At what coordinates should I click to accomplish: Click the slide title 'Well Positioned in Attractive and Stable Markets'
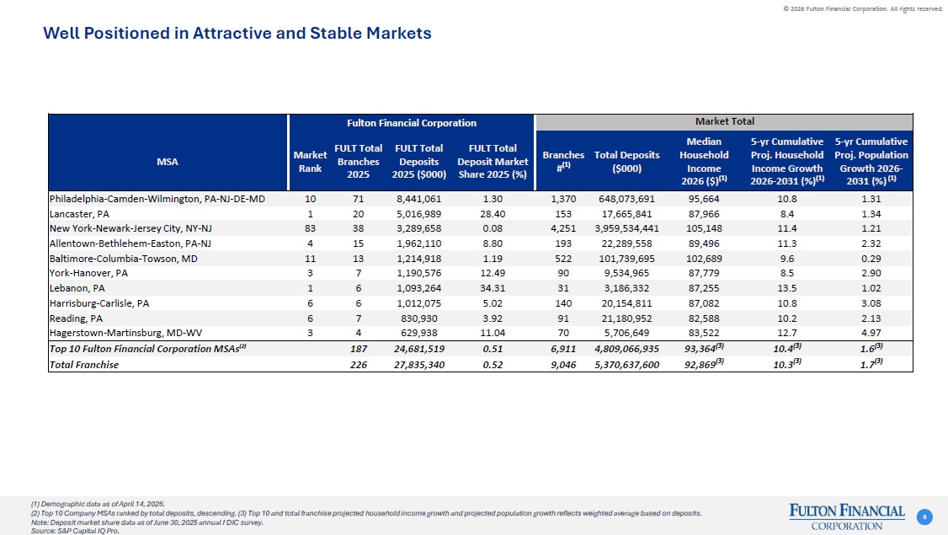(237, 33)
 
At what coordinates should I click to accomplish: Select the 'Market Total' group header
(724, 121)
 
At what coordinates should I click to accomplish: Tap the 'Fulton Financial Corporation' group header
(411, 123)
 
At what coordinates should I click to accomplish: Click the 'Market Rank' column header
(310, 162)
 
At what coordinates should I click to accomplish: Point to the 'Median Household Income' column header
(704, 161)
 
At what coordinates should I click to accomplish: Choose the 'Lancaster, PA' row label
(79, 214)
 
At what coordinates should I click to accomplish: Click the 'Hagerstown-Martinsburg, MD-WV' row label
(125, 333)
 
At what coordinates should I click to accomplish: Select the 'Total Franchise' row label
(84, 364)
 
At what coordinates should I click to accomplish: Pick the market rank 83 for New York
(310, 229)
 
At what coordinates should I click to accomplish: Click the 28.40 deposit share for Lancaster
(493, 214)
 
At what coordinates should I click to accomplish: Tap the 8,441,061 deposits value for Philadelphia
(419, 199)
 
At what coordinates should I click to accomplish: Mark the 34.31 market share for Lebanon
(493, 288)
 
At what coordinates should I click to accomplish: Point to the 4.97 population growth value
(871, 333)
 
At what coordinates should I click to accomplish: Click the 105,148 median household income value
(704, 229)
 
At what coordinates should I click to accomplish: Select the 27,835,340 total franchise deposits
(419, 364)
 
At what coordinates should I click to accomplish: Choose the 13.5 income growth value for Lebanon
(787, 288)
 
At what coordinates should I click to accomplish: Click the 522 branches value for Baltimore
(563, 259)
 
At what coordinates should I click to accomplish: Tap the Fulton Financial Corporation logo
(847, 516)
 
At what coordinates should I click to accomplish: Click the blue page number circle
(924, 516)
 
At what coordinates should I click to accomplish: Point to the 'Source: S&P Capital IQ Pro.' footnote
(75, 531)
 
